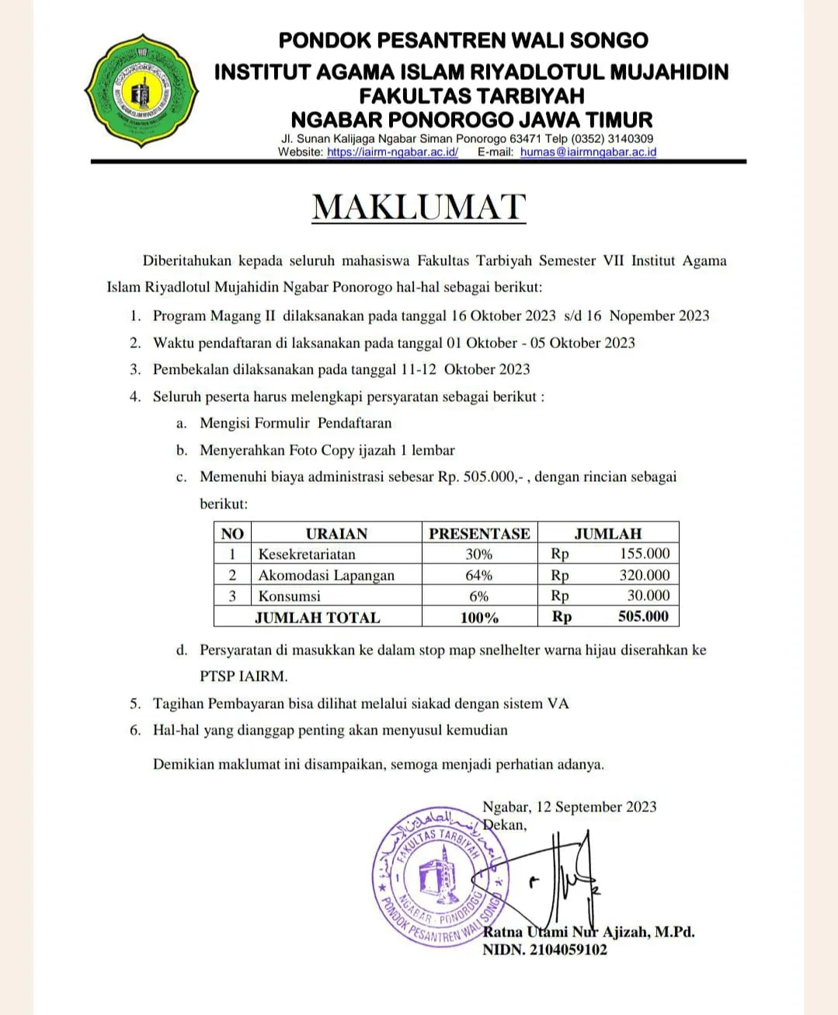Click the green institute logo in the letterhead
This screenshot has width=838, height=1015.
(x=141, y=92)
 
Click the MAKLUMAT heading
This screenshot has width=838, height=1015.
(x=419, y=207)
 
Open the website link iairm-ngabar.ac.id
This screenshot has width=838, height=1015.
(x=392, y=152)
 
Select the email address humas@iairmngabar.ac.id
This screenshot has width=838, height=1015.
(x=588, y=152)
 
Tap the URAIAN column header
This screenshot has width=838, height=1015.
(x=336, y=533)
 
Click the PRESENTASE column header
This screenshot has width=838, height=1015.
(x=479, y=533)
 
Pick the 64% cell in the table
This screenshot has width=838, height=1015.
(x=479, y=575)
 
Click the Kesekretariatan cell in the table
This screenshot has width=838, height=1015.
(x=307, y=554)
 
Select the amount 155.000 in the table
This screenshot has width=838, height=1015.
(x=644, y=554)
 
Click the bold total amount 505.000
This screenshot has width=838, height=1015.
(x=642, y=617)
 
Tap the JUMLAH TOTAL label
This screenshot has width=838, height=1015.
(x=318, y=618)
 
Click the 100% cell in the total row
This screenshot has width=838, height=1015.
(x=479, y=618)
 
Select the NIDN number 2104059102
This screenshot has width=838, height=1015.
(x=569, y=950)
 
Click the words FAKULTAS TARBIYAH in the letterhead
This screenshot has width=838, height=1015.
(x=471, y=96)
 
